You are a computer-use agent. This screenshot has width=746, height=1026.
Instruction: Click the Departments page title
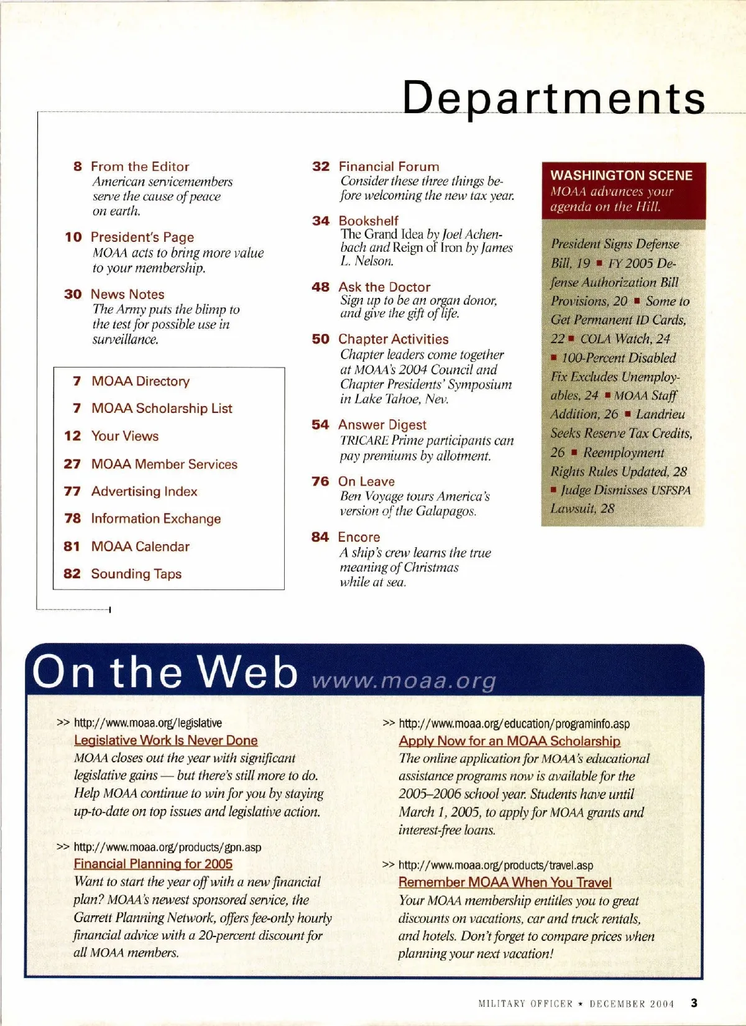[x=553, y=98]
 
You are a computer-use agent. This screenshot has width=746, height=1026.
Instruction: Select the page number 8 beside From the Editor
[x=78, y=167]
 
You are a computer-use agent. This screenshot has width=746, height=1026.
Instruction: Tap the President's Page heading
[x=142, y=237]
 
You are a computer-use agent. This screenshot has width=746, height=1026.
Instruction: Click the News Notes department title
[x=127, y=294]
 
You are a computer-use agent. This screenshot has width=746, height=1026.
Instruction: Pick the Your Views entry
[x=125, y=436]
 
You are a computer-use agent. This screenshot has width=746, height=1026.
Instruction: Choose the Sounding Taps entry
[x=136, y=574]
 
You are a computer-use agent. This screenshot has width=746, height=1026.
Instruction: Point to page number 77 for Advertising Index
[x=72, y=491]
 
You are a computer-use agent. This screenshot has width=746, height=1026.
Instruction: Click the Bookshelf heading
[x=369, y=221]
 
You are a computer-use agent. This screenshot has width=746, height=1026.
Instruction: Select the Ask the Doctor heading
[x=384, y=287]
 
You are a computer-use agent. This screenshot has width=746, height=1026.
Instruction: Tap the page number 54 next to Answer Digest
[x=320, y=425]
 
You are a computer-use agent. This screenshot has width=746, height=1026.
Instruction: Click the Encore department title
[x=359, y=537]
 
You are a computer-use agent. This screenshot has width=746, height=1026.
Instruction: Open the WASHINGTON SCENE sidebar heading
[x=621, y=175]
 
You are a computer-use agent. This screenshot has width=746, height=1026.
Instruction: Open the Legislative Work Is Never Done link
[x=165, y=741]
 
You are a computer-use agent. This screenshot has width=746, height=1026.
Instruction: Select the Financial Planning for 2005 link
[x=153, y=864]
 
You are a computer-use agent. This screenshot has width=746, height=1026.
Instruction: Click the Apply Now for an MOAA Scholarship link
[x=510, y=741]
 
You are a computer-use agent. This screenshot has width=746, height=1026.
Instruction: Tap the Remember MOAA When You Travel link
[x=505, y=882]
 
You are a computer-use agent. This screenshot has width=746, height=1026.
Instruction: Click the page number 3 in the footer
[x=694, y=1003]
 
